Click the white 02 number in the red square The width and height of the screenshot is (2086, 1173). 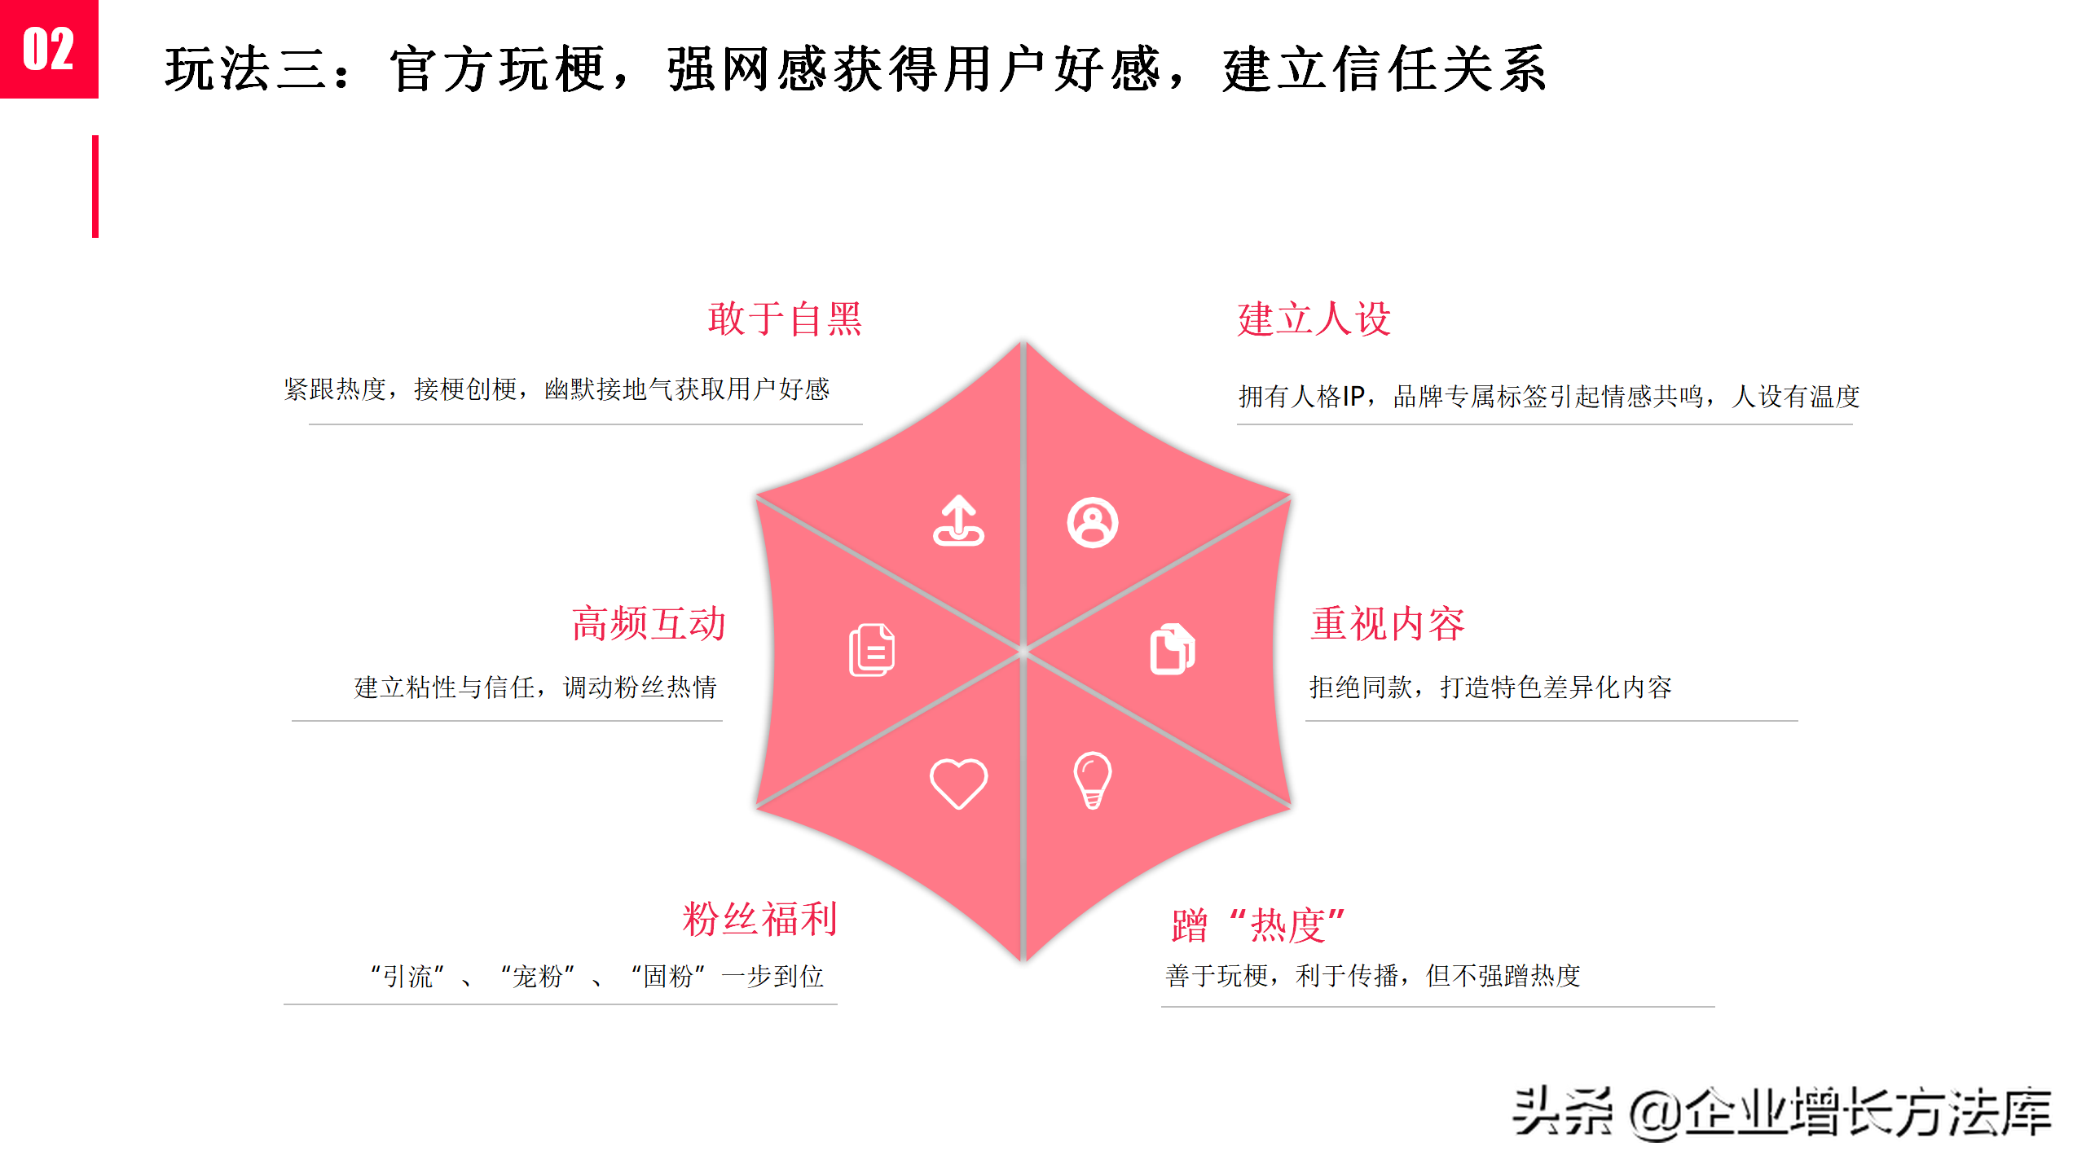(48, 49)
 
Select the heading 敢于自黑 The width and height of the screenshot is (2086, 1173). (784, 319)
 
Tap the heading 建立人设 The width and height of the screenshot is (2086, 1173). (1314, 319)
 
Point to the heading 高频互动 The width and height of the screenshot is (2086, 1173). (649, 624)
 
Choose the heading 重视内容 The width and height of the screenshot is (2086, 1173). (1387, 624)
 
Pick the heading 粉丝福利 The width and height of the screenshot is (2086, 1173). (759, 920)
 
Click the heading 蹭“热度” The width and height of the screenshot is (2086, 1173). (1258, 926)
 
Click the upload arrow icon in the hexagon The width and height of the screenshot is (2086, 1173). (958, 521)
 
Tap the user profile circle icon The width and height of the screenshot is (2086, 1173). (1092, 522)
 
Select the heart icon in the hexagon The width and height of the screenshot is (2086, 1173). (958, 783)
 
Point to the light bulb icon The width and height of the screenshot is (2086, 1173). (1092, 780)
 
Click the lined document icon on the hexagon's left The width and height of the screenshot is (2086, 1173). (872, 650)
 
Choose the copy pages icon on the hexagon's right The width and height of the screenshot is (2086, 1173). (1172, 649)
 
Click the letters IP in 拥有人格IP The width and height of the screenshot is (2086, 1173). (1353, 397)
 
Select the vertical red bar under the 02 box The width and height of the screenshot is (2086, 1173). (95, 187)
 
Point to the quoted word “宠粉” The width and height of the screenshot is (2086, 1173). (538, 976)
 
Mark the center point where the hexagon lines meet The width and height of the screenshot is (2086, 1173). (1023, 651)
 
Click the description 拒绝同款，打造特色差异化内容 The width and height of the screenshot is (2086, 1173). (1490, 688)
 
